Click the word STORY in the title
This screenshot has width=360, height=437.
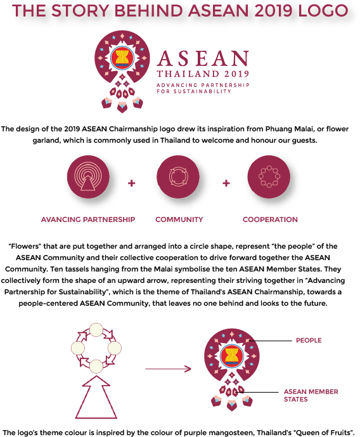pyautogui.click(x=80, y=11)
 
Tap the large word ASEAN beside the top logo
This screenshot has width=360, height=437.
pyautogui.click(x=203, y=58)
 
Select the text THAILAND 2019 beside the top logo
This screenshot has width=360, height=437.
pyautogui.click(x=203, y=74)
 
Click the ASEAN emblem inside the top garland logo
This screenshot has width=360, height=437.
pyautogui.click(x=122, y=58)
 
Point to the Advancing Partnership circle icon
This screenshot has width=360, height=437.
pyautogui.click(x=88, y=177)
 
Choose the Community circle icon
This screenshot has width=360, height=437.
pyautogui.click(x=178, y=177)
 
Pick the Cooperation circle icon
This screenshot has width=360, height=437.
pyautogui.click(x=269, y=177)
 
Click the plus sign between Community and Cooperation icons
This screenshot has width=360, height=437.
pyautogui.click(x=226, y=183)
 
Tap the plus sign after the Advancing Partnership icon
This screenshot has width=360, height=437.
pyautogui.click(x=131, y=183)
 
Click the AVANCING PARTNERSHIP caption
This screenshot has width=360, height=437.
pyautogui.click(x=88, y=219)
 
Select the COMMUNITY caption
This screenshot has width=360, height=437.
pyautogui.click(x=179, y=219)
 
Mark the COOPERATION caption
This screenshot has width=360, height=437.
pyautogui.click(x=270, y=219)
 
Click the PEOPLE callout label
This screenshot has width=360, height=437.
pyautogui.click(x=309, y=341)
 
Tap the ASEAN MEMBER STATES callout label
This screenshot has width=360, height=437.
pyautogui.click(x=311, y=396)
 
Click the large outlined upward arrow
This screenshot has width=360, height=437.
pyautogui.click(x=96, y=397)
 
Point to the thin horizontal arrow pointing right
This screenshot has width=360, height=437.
pyautogui.click(x=168, y=369)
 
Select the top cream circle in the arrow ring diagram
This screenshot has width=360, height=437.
pyautogui.click(x=96, y=330)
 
